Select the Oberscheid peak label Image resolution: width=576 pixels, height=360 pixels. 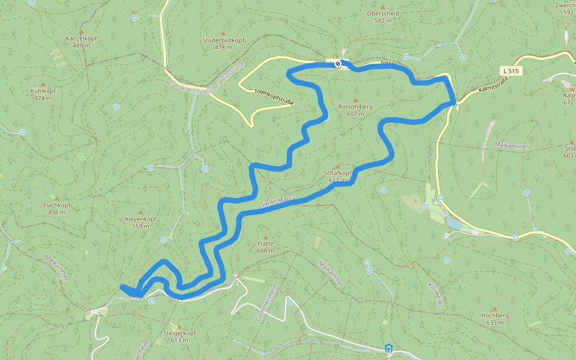[383, 16]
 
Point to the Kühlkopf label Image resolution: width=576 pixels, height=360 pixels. [43, 94]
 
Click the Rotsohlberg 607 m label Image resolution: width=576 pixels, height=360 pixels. [355, 110]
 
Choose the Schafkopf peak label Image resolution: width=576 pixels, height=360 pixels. [337, 176]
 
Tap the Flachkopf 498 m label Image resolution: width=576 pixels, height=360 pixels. [57, 208]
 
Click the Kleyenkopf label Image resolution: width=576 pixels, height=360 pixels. [140, 222]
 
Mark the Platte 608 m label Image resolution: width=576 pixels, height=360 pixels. [265, 247]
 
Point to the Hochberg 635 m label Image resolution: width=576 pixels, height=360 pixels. [495, 319]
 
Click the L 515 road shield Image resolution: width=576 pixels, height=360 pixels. [511, 71]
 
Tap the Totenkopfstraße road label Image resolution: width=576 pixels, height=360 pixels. [274, 97]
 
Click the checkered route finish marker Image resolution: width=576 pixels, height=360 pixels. [338, 64]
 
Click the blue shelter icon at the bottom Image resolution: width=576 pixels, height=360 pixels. [388, 348]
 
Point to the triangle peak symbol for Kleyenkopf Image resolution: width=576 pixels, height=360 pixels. [140, 212]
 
